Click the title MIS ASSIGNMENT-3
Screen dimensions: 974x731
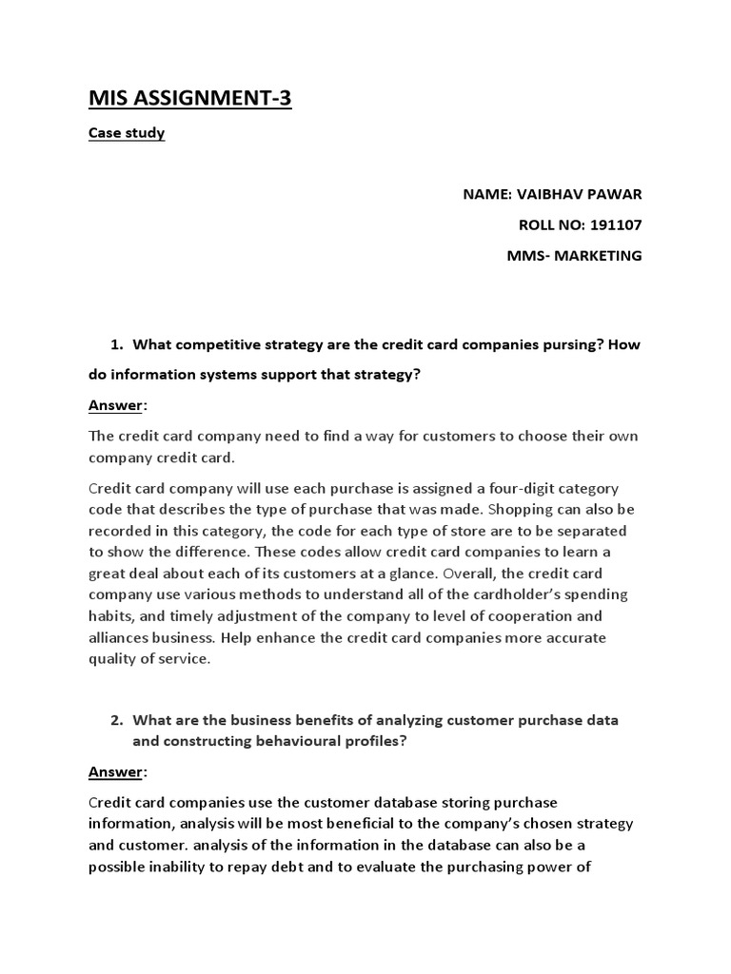tap(190, 97)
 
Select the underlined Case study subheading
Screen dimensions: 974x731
tap(127, 133)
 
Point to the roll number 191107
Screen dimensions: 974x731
tap(617, 225)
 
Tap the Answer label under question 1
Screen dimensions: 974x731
tap(113, 406)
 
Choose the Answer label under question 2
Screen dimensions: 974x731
tap(113, 771)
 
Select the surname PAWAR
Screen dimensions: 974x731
tap(618, 195)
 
